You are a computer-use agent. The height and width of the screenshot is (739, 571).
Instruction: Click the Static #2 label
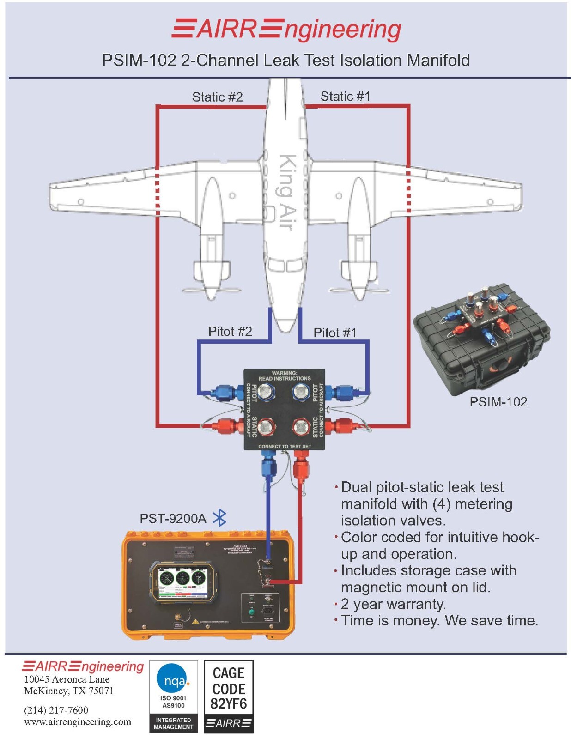click(217, 97)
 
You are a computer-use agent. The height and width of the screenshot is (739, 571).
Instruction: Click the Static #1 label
click(345, 96)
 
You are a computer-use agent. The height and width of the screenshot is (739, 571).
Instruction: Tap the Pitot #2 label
click(230, 331)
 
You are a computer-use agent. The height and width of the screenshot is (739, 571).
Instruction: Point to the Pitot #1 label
click(335, 333)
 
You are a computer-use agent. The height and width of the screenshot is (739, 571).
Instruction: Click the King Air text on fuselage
click(286, 192)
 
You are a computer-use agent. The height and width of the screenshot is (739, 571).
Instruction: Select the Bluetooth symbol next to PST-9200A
click(219, 518)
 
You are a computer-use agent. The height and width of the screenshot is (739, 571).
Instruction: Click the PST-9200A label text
click(173, 519)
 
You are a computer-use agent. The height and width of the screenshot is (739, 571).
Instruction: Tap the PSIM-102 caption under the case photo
click(498, 402)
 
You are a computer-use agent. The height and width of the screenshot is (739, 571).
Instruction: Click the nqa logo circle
click(173, 679)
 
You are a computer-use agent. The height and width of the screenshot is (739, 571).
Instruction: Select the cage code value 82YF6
click(229, 704)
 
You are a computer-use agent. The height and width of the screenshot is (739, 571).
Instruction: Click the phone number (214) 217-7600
click(56, 710)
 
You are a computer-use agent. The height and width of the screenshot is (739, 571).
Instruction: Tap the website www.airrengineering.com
click(78, 721)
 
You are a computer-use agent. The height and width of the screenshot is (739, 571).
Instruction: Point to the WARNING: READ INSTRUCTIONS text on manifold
click(284, 376)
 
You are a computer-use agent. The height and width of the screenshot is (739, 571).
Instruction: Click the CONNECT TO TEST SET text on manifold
click(285, 446)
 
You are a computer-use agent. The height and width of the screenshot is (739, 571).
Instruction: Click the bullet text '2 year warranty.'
click(393, 604)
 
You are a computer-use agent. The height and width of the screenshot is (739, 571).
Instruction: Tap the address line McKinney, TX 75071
click(69, 691)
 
